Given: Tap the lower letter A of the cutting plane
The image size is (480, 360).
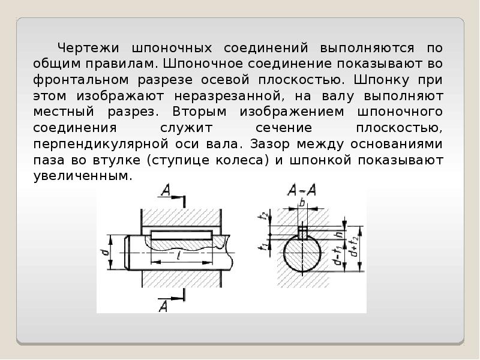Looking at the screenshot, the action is coord(163,306).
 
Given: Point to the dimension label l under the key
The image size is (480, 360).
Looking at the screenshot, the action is coord(180,256).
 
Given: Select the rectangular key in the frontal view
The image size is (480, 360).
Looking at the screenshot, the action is coord(181,233).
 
